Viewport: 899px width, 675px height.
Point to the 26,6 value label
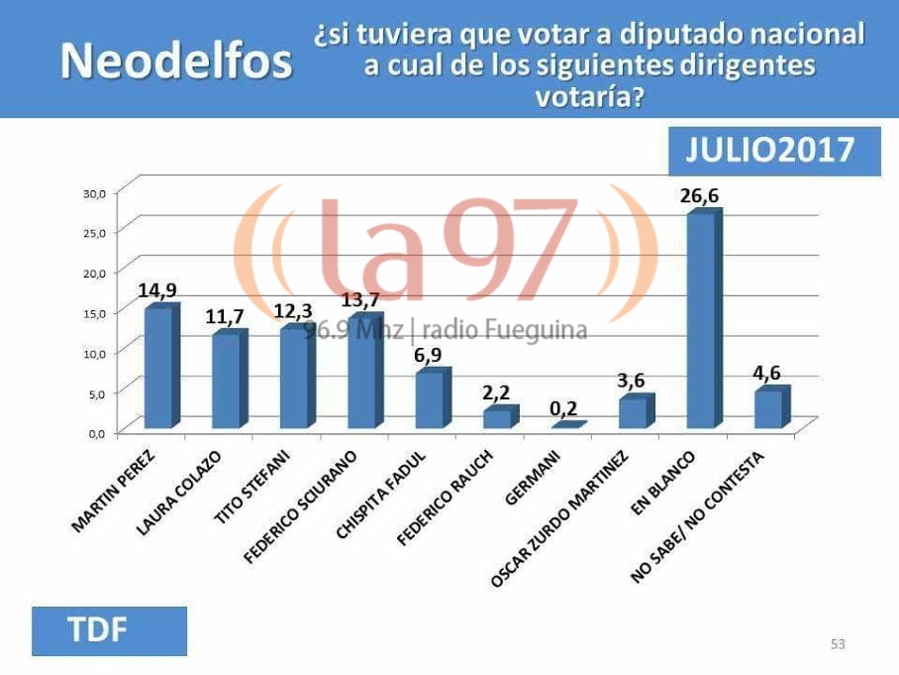tap(699, 195)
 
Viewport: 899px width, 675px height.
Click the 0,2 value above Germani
tap(564, 408)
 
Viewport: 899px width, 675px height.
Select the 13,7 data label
tap(359, 300)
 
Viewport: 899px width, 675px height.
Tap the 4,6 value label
tap(768, 375)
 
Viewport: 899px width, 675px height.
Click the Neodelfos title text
tap(176, 62)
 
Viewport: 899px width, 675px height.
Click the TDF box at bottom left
tap(109, 630)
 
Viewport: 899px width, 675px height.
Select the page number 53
tap(838, 644)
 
